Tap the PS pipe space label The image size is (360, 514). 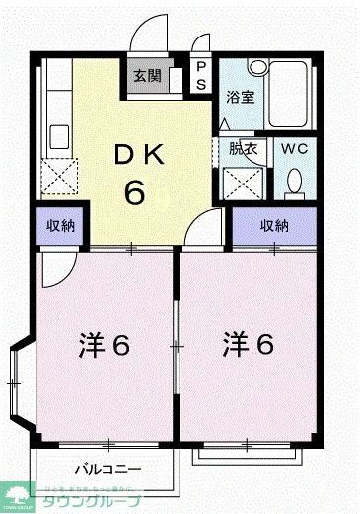pyautogui.click(x=201, y=76)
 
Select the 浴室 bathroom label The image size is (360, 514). pyautogui.click(x=240, y=98)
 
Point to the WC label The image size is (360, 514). pyautogui.click(x=296, y=149)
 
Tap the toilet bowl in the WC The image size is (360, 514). pyautogui.click(x=293, y=183)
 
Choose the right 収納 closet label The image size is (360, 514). pyautogui.click(x=275, y=226)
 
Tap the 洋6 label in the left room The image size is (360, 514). pyautogui.click(x=104, y=346)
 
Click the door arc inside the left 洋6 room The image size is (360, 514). pyautogui.click(x=56, y=269)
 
